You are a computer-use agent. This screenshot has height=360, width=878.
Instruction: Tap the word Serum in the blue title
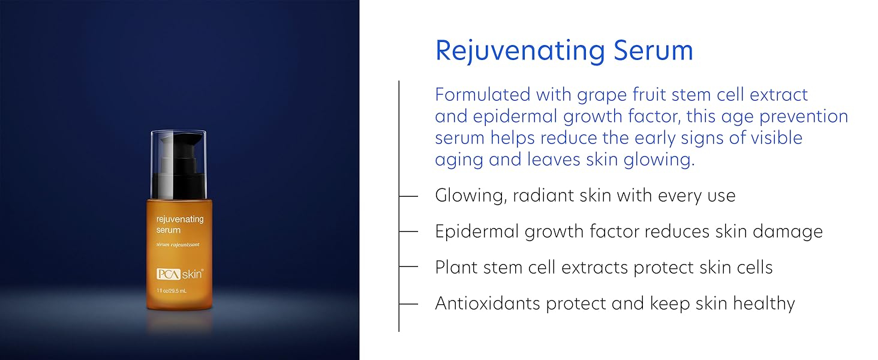pyautogui.click(x=654, y=50)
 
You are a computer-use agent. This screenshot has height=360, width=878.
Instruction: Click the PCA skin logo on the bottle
pyautogui.click(x=180, y=274)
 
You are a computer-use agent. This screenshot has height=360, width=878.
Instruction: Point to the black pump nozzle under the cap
pyautogui.click(x=179, y=166)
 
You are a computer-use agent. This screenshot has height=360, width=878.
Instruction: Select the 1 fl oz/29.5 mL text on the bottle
pyautogui.click(x=172, y=291)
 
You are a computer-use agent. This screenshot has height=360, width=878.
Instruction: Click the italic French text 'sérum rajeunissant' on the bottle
pyautogui.click(x=178, y=245)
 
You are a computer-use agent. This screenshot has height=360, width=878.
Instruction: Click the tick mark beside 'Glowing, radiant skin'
pyautogui.click(x=408, y=196)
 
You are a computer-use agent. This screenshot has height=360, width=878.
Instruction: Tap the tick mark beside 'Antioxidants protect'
pyautogui.click(x=408, y=304)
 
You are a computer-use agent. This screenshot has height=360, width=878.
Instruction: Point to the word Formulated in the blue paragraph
pyautogui.click(x=483, y=95)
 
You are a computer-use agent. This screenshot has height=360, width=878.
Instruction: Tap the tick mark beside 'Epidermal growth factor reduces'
pyautogui.click(x=408, y=232)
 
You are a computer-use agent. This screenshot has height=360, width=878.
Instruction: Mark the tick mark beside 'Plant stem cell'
pyautogui.click(x=408, y=266)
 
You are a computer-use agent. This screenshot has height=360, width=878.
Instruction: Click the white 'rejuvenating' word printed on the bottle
pyautogui.click(x=180, y=220)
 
